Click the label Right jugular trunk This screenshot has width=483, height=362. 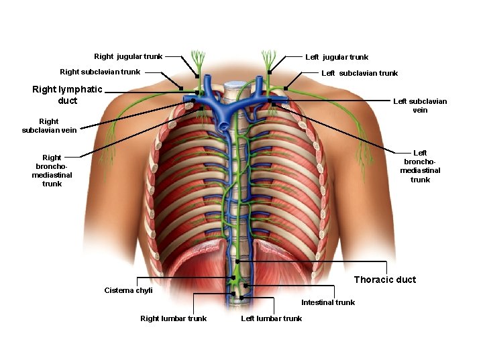[x=128, y=56]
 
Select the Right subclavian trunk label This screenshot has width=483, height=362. [x=100, y=72]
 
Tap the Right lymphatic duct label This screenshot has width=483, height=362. [x=67, y=95]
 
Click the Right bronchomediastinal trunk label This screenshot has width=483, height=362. [x=52, y=170]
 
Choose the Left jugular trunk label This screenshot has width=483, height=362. [x=337, y=57]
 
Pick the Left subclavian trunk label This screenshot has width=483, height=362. [x=360, y=73]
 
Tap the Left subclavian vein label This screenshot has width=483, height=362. [x=420, y=105]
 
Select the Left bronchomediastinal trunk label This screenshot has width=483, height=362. [x=420, y=166]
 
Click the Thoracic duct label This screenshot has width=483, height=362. [x=385, y=280]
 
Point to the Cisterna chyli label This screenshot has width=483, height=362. [x=128, y=290]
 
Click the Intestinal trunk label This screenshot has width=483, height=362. [x=328, y=302]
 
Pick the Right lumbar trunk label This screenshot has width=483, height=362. [x=173, y=318]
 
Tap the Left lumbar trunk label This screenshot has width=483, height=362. [x=271, y=318]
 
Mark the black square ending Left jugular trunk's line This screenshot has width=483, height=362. [x=269, y=72]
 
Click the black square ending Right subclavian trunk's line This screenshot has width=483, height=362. [x=181, y=88]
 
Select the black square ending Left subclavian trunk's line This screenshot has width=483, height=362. [x=285, y=88]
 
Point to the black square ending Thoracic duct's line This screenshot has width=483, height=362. [x=237, y=261]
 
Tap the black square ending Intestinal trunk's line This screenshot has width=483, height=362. [x=246, y=286]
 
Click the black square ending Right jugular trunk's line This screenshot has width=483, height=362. [x=197, y=76]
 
